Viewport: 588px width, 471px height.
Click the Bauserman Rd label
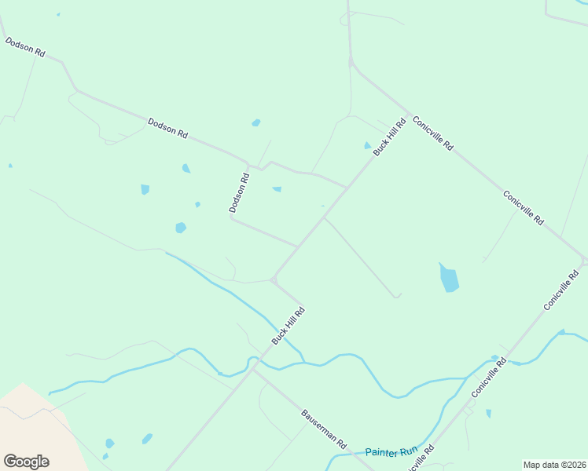click(324, 429)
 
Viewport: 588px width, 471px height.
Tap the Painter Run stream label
click(391, 451)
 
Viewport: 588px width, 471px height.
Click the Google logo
click(26, 461)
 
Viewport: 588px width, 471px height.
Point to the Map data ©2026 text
click(553, 465)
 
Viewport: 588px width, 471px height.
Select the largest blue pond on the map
click(449, 278)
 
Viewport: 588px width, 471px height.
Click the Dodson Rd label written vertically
click(239, 193)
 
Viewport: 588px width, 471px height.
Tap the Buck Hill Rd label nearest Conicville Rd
click(390, 137)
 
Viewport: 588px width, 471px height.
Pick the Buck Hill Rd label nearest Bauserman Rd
click(288, 326)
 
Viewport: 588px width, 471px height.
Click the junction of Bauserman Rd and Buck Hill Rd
click(253, 369)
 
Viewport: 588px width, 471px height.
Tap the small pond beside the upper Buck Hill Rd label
click(367, 145)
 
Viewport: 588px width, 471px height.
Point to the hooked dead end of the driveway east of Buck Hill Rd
click(398, 296)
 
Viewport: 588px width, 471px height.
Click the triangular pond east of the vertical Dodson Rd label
click(277, 189)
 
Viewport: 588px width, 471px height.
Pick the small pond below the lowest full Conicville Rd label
click(489, 413)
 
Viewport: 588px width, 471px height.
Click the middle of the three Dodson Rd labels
click(167, 128)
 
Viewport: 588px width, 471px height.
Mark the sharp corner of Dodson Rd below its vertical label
click(231, 219)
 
